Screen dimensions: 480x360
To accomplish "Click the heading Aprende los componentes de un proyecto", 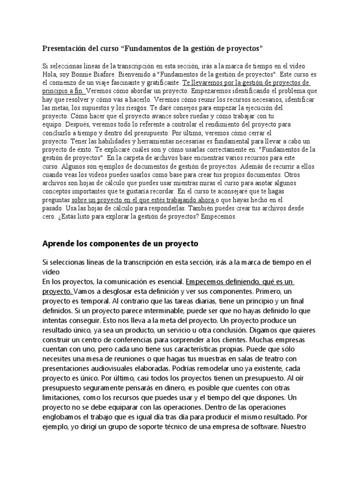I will [x=120, y=244].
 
